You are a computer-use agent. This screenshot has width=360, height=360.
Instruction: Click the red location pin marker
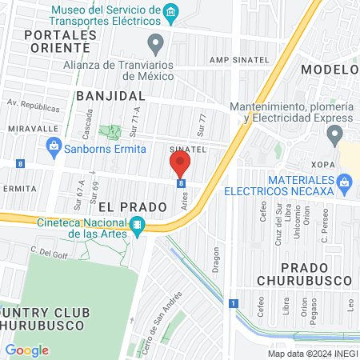[180, 165]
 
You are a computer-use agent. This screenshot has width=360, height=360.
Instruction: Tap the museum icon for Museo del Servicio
[170, 12]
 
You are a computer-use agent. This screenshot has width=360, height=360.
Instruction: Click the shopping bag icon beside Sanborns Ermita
[54, 145]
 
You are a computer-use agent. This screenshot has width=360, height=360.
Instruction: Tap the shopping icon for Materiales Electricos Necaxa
[345, 182]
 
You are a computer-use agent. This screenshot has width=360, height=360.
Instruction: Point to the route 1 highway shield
[233, 303]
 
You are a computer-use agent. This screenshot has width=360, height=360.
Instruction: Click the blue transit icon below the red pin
[182, 183]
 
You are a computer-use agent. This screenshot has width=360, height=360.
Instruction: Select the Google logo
[27, 350]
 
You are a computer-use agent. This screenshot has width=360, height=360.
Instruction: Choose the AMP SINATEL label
[235, 60]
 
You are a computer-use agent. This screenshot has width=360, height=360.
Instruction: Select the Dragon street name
[215, 259]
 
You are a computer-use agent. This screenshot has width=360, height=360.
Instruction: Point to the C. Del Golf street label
[46, 251]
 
